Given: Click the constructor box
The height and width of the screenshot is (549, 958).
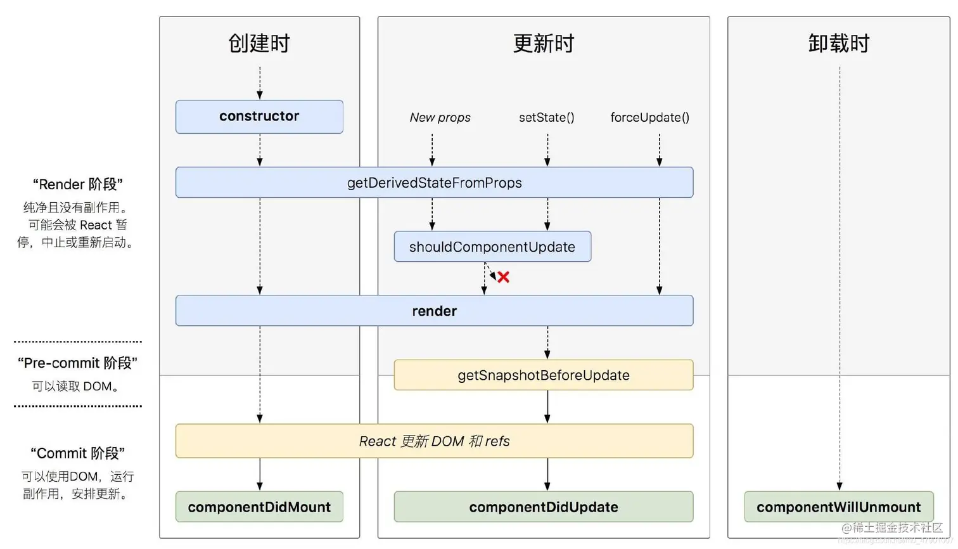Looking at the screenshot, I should [x=259, y=117].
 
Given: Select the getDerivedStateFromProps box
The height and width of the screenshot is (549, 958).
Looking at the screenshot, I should [x=434, y=183].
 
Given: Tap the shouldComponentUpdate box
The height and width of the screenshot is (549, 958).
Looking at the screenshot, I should [x=492, y=247].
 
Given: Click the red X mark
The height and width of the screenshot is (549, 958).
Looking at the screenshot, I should [x=503, y=277].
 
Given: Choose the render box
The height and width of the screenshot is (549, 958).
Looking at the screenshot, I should [x=434, y=311].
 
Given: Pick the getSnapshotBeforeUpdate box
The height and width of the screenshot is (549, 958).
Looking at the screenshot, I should [x=543, y=375].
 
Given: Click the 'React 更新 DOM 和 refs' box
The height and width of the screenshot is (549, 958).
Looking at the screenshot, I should [x=434, y=441].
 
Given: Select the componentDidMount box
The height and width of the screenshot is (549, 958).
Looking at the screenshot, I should [x=259, y=507].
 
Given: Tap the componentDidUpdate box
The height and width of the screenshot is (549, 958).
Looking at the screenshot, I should [x=543, y=507].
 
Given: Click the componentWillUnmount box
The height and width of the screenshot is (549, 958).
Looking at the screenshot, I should [x=838, y=507].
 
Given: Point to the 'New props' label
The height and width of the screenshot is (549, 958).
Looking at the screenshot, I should [x=440, y=117].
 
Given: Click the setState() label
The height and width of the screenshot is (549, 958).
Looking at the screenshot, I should [x=546, y=117].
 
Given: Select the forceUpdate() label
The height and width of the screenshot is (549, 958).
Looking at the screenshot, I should [x=649, y=117].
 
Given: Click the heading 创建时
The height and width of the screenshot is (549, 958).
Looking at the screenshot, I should [x=259, y=44].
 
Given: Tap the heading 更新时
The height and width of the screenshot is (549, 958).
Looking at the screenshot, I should [x=543, y=44].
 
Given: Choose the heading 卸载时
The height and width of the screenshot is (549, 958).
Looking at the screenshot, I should [x=838, y=44].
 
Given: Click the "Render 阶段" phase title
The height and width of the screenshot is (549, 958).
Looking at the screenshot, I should [x=77, y=184].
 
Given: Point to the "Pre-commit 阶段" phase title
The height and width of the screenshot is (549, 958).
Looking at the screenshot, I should [x=77, y=363].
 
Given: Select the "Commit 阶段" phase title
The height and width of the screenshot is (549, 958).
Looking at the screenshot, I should [x=77, y=453].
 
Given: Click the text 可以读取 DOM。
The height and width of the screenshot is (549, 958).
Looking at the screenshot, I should [x=76, y=386].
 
